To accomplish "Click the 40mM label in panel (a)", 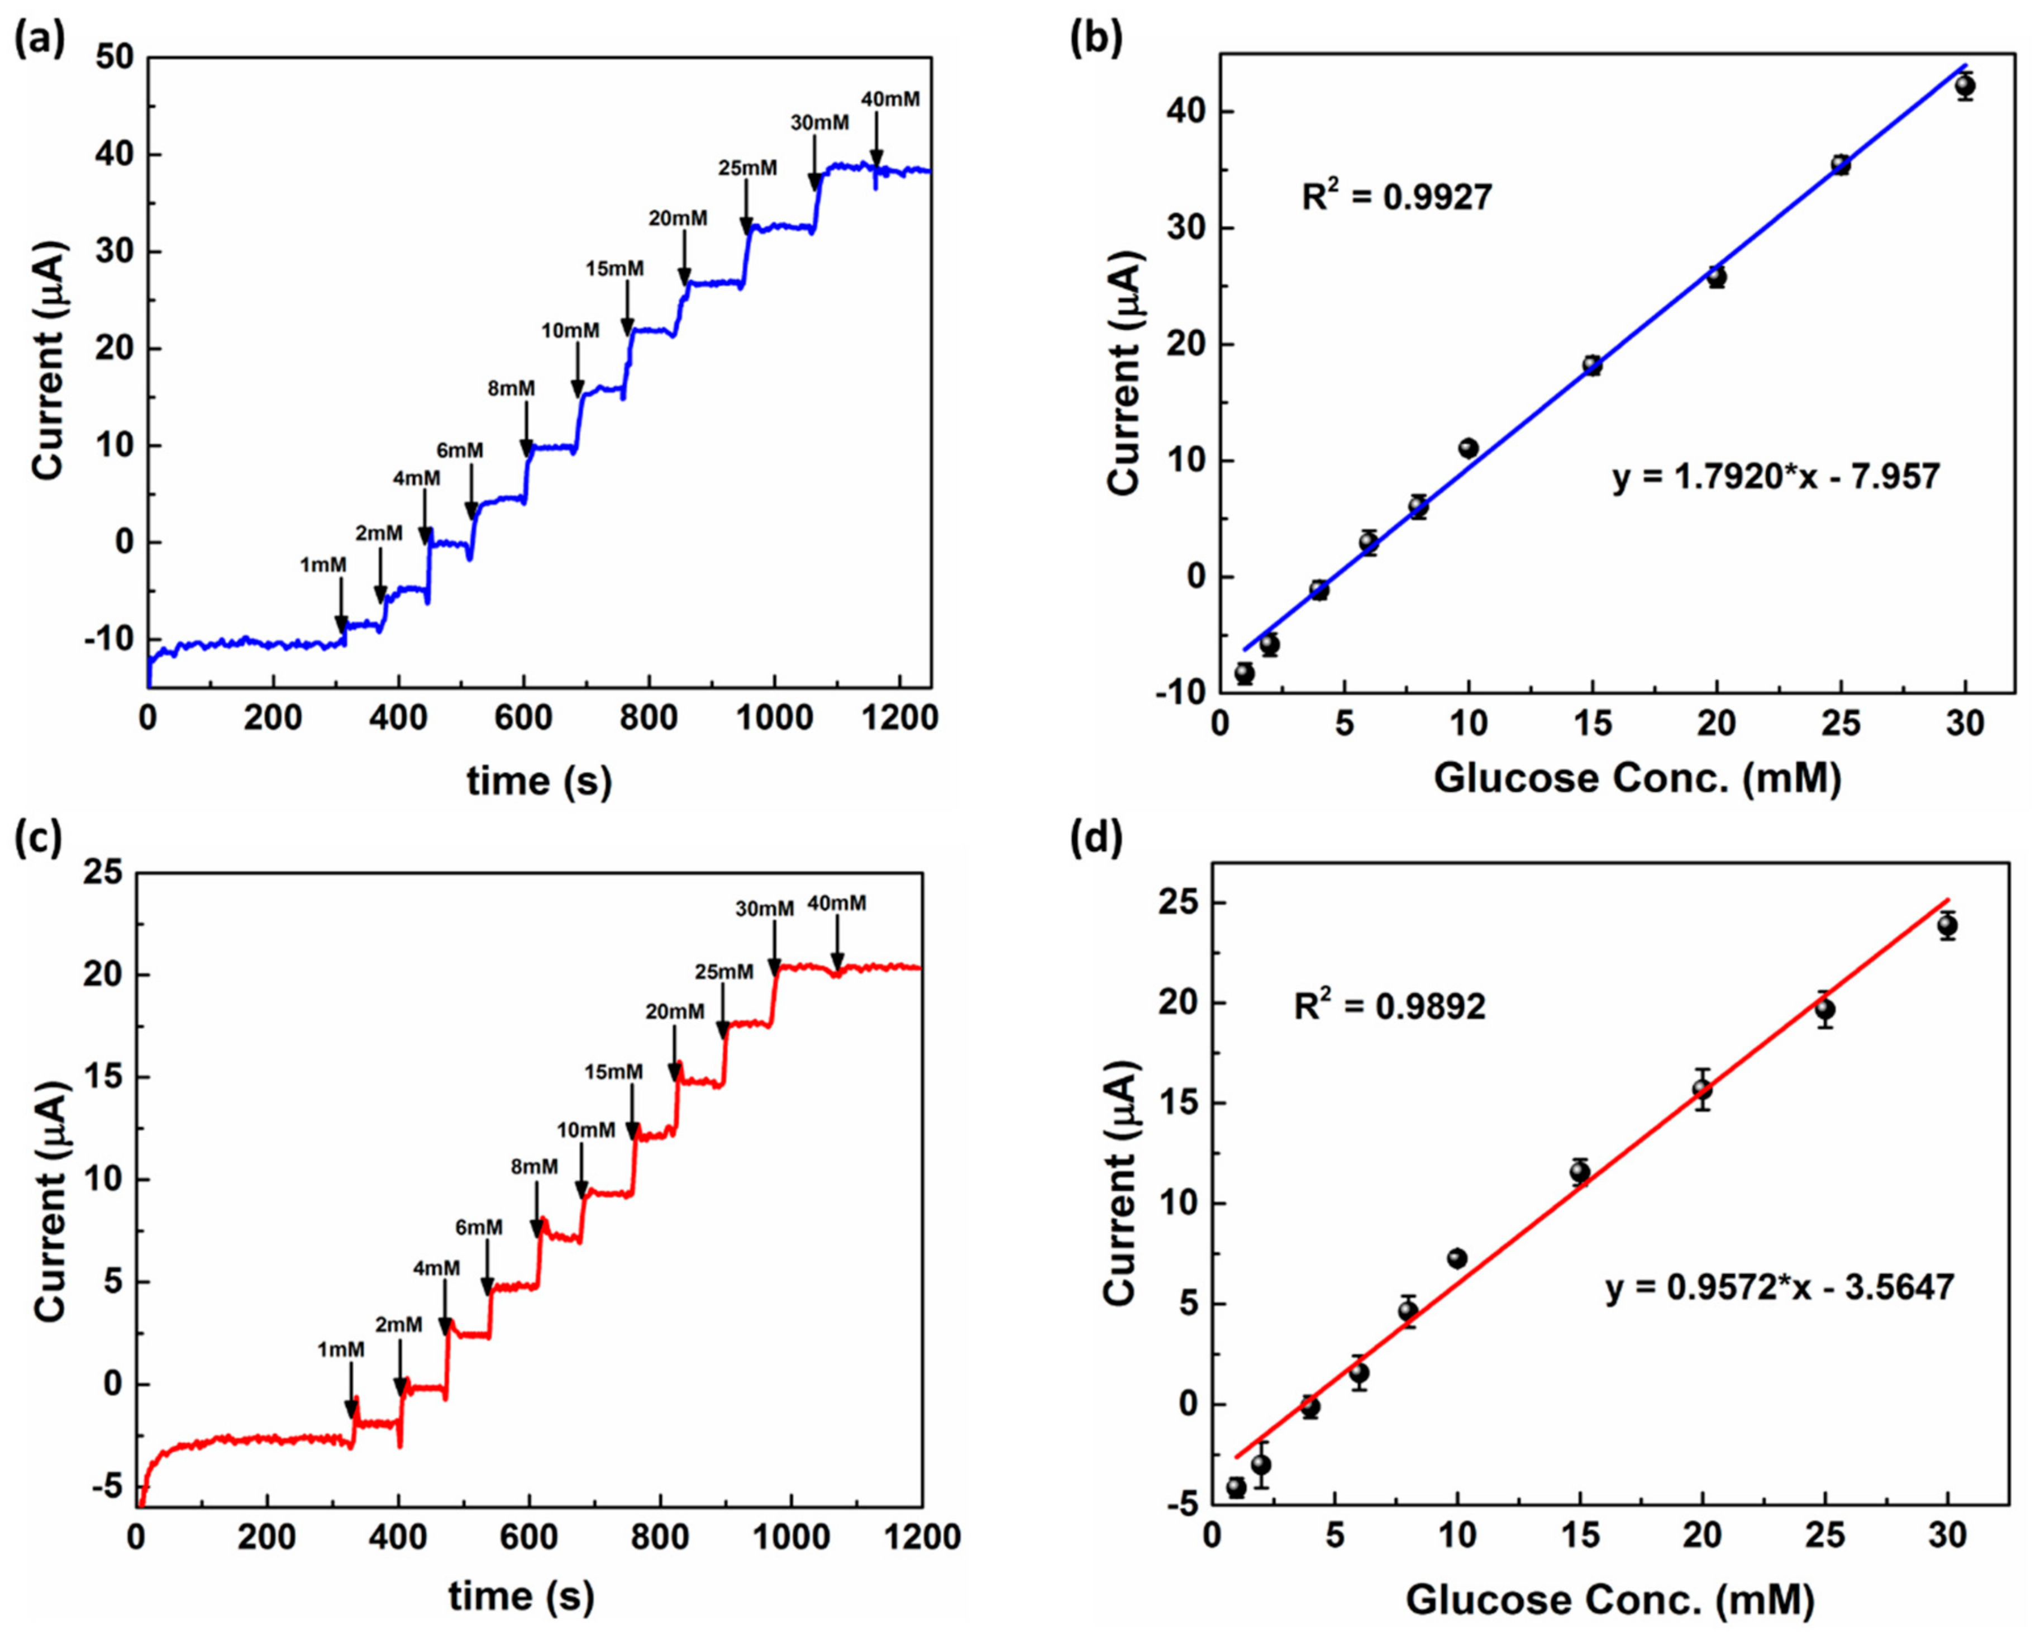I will [x=889, y=98].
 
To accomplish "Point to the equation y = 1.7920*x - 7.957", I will [x=1775, y=477].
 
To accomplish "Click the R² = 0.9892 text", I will [x=1389, y=1006].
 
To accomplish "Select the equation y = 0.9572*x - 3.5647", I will [x=1779, y=1287].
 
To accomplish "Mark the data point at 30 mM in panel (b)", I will [x=1965, y=87].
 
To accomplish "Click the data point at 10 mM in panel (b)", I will [x=1467, y=448].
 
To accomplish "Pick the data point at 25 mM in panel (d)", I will [x=1824, y=1009].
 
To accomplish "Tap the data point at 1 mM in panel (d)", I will [x=1236, y=1487].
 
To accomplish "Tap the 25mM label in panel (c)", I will [x=724, y=971].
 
